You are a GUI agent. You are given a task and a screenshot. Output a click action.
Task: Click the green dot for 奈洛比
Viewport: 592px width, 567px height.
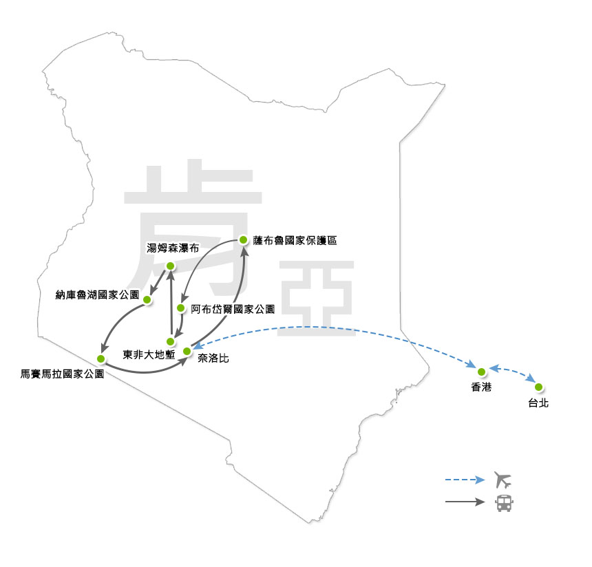pyautogui.click(x=186, y=352)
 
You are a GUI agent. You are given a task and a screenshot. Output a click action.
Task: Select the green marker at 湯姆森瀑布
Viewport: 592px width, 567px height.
pyautogui.click(x=171, y=265)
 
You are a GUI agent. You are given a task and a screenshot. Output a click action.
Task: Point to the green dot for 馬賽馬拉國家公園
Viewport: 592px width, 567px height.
pyautogui.click(x=101, y=359)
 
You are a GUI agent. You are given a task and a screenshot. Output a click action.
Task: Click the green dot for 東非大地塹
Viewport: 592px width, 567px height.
pyautogui.click(x=170, y=341)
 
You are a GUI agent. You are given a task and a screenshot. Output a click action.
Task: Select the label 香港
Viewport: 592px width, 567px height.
pyautogui.click(x=481, y=388)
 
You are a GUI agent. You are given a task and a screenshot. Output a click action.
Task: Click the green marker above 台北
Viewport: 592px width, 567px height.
pyautogui.click(x=538, y=387)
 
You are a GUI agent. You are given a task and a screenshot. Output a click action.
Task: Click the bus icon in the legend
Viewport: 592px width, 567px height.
pyautogui.click(x=504, y=502)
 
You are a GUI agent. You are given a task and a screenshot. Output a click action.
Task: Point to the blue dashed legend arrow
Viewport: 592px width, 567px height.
pyautogui.click(x=465, y=480)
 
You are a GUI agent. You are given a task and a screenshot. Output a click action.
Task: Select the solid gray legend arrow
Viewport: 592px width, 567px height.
pyautogui.click(x=465, y=502)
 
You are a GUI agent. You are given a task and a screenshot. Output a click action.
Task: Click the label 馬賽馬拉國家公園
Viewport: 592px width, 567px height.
pyautogui.click(x=63, y=376)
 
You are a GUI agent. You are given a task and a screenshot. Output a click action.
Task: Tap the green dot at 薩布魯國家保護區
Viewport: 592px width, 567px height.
pyautogui.click(x=242, y=239)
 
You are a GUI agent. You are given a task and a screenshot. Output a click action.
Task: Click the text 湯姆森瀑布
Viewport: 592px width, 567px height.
pyautogui.click(x=173, y=248)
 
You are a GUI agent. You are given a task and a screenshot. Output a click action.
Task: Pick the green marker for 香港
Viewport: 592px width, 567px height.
pyautogui.click(x=482, y=372)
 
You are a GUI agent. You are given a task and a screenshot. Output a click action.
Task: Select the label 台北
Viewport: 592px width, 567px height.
pyautogui.click(x=538, y=403)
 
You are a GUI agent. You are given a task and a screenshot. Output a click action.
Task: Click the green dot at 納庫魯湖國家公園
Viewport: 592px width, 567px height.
pyautogui.click(x=147, y=299)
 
